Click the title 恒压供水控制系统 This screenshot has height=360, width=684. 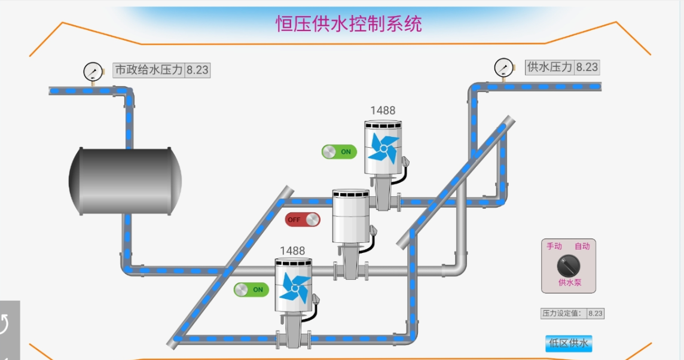tap(349, 24)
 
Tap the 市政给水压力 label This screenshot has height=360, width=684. tap(148, 70)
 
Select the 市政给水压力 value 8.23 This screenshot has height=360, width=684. tap(197, 70)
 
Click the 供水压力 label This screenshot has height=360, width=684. tap(549, 67)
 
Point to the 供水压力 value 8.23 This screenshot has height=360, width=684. tap(587, 67)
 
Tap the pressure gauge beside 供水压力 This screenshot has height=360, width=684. tap(503, 68)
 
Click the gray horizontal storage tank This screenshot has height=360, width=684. tap(125, 181)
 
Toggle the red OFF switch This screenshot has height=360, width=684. tap(303, 219)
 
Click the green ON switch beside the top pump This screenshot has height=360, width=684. tap(339, 152)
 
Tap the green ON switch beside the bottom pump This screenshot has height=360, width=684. tap(251, 289)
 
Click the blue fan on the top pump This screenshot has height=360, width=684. tap(383, 148)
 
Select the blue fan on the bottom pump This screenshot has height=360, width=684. tap(294, 288)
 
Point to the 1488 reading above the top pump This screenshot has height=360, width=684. tap(383, 110)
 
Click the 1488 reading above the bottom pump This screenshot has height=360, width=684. tap(292, 251)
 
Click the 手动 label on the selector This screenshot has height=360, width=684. tap(554, 246)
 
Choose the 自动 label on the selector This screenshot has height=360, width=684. tap(582, 246)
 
